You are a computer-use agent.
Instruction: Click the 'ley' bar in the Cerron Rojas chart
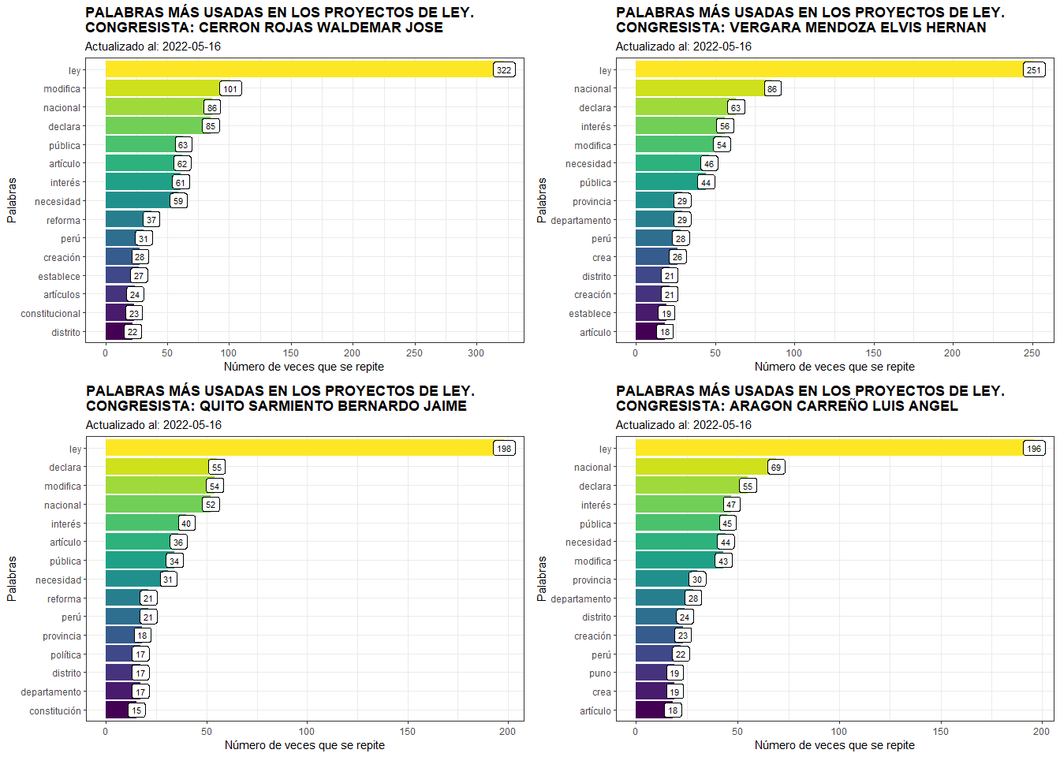(300, 69)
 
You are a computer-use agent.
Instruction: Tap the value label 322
(504, 70)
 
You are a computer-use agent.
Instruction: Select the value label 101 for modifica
(230, 89)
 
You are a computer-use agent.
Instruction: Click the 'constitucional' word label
(50, 314)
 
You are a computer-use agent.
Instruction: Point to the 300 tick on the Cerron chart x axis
(476, 353)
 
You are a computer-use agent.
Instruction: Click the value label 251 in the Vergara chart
(1034, 70)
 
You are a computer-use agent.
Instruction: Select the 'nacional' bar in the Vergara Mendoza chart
(700, 88)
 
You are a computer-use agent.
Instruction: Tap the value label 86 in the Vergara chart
(772, 89)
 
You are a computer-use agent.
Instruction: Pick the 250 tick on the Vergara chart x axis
(1032, 353)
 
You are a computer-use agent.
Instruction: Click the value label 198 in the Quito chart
(504, 449)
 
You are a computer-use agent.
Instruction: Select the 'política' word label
(66, 655)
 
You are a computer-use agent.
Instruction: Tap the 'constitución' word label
(55, 711)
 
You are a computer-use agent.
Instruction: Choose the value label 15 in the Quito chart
(136, 710)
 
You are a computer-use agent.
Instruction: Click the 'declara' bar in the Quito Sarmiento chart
(157, 467)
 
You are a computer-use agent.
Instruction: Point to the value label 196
(1034, 449)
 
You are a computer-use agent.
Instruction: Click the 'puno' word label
(600, 673)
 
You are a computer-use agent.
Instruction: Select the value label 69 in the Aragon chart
(776, 468)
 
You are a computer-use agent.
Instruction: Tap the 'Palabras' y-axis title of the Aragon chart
(542, 578)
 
